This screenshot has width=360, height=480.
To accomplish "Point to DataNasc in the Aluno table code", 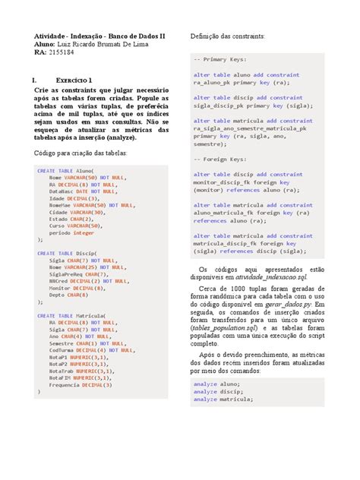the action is coord(62,191).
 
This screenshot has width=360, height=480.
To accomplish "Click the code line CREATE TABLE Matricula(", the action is coord(71,315).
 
